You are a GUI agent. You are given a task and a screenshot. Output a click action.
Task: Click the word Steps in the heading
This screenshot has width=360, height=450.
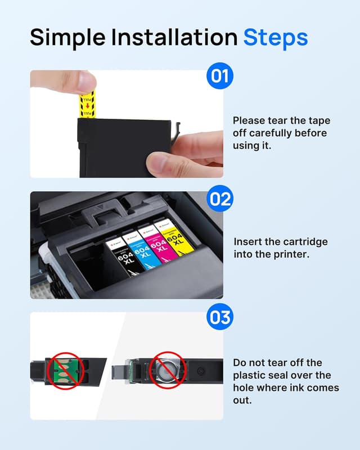(275, 37)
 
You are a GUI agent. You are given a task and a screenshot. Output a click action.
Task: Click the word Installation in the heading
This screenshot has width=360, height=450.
(174, 37)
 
